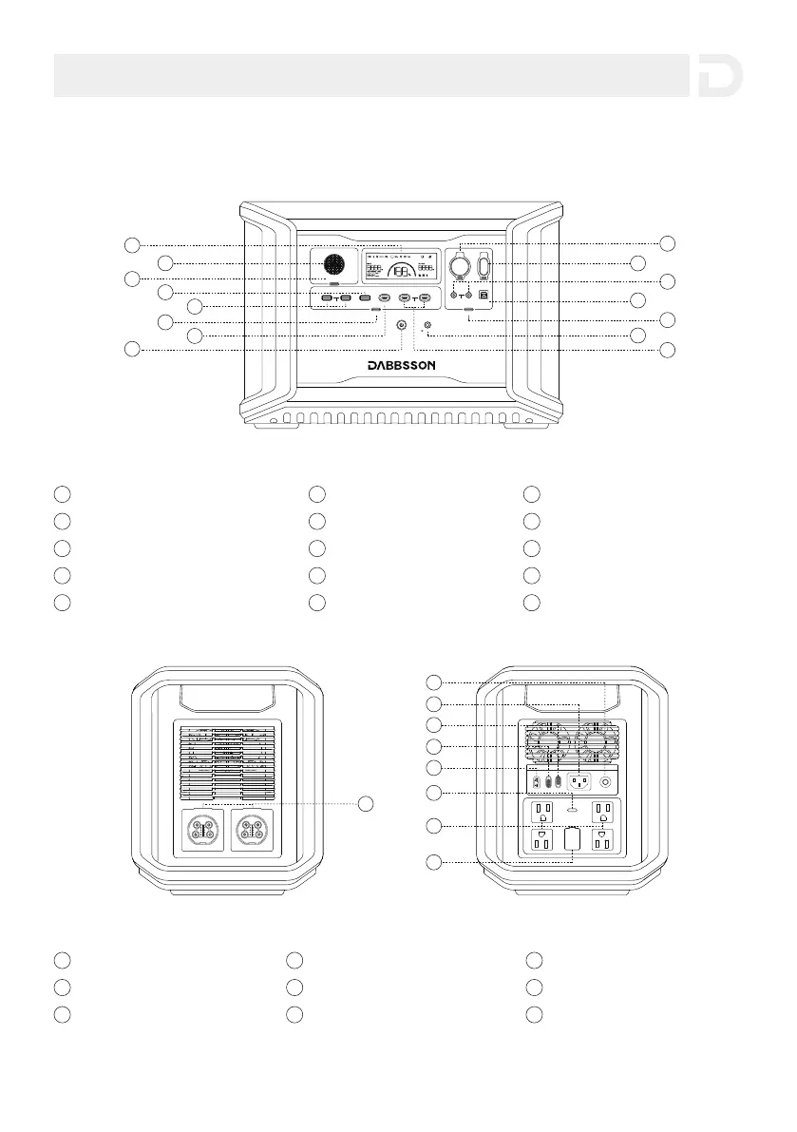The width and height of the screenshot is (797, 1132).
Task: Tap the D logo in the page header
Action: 719,76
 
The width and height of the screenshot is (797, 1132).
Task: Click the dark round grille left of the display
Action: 333,265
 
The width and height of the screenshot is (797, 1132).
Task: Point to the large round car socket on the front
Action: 461,263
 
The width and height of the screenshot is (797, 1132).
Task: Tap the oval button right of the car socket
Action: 484,265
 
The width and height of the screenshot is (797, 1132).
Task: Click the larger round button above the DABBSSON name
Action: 402,325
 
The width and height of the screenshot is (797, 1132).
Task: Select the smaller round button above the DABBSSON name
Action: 427,326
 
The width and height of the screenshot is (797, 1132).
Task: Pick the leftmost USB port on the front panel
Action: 327,299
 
